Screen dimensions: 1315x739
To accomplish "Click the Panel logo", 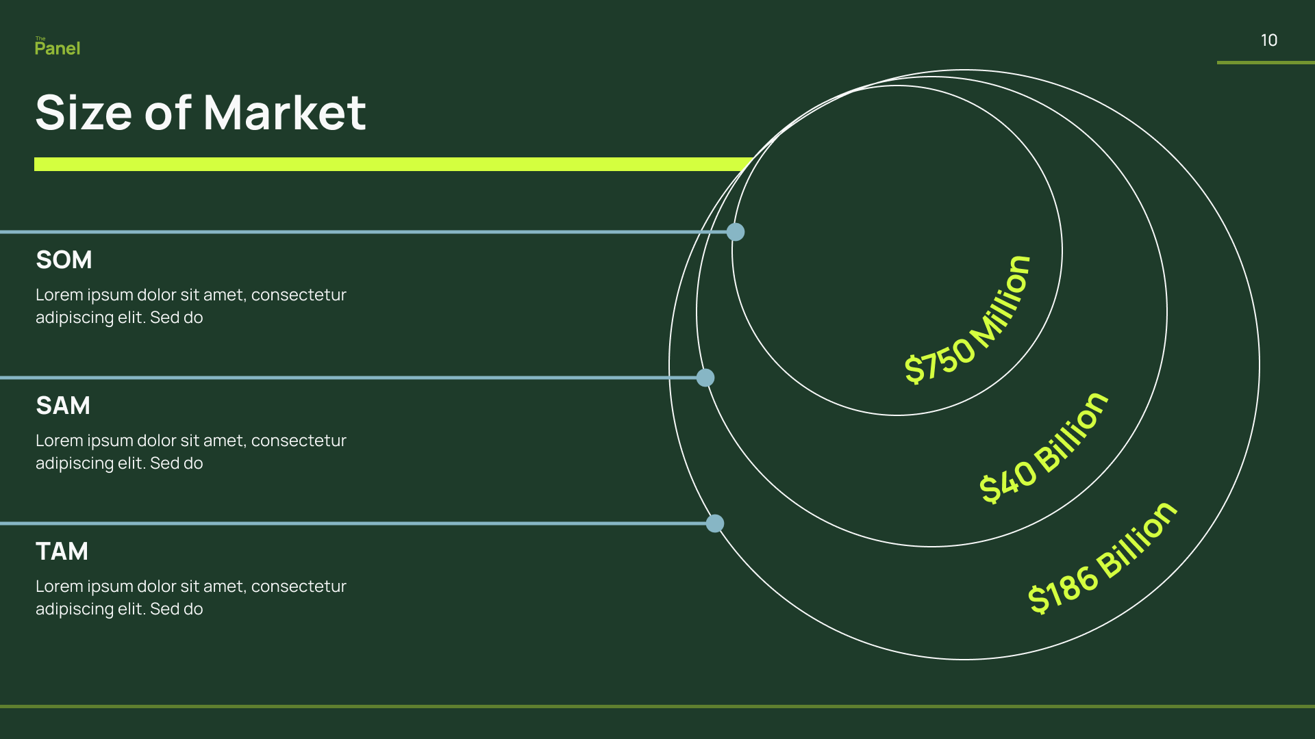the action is click(58, 47).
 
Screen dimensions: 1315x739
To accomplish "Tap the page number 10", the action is click(1268, 40).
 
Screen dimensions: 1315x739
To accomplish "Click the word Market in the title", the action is click(284, 112).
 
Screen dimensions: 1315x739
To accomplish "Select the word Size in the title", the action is click(83, 112).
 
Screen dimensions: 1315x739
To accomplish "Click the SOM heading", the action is click(64, 260).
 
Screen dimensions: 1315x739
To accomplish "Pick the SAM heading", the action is click(63, 406).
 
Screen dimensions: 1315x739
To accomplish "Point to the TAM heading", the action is click(62, 552).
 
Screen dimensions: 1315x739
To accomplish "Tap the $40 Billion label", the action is click(1044, 448).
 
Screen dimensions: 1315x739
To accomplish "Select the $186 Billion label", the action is click(1103, 558).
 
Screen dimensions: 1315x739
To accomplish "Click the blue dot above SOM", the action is click(736, 232).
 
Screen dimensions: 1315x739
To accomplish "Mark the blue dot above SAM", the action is click(705, 378).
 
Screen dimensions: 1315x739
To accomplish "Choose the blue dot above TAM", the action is click(715, 523).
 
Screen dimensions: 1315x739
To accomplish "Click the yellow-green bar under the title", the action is click(390, 164).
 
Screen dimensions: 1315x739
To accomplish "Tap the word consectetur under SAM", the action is click(299, 441).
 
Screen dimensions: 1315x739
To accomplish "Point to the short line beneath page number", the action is click(1266, 62).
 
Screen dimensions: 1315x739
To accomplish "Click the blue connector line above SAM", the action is click(342, 378).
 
